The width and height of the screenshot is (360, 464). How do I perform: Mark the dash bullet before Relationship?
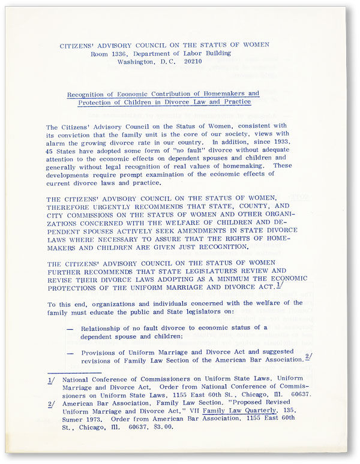pyautogui.click(x=71, y=328)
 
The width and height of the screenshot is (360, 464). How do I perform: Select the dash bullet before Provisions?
pyautogui.click(x=71, y=353)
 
